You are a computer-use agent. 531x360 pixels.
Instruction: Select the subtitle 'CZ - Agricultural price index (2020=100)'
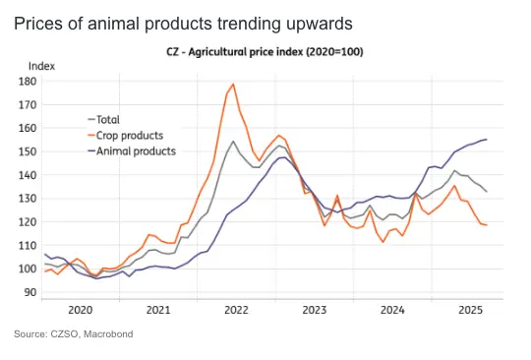265,51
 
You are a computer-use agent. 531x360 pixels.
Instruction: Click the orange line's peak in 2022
233,84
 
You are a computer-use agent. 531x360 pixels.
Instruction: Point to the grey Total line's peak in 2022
233,142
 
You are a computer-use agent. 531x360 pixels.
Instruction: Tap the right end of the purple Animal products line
487,139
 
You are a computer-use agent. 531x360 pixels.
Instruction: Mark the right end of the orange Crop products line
487,225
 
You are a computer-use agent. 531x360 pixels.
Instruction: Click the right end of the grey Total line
487,191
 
